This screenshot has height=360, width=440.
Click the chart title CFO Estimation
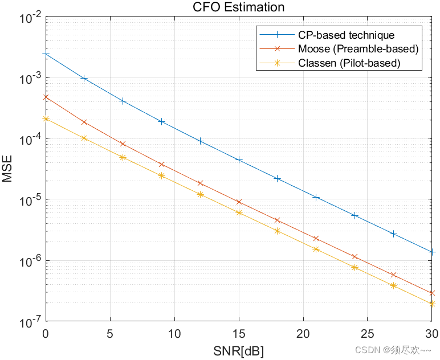point(238,7)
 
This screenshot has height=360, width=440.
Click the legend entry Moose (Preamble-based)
point(358,49)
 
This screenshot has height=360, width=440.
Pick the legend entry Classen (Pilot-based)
point(349,63)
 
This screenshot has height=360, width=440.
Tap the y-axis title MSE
point(7,169)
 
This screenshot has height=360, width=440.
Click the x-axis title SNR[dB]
point(238,349)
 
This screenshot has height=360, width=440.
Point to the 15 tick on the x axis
point(239,333)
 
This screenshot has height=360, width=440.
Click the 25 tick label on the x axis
point(368,333)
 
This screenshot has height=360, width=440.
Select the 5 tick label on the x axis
point(109,333)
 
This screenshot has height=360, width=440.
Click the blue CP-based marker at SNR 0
point(46,54)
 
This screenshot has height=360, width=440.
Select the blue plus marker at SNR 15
point(239,160)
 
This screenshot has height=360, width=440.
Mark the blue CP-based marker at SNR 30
point(432,252)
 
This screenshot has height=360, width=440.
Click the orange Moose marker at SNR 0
point(46,97)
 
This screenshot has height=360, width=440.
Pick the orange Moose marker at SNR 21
point(316,238)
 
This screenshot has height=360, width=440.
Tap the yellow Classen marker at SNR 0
point(46,118)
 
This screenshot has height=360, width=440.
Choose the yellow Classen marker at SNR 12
point(200,194)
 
